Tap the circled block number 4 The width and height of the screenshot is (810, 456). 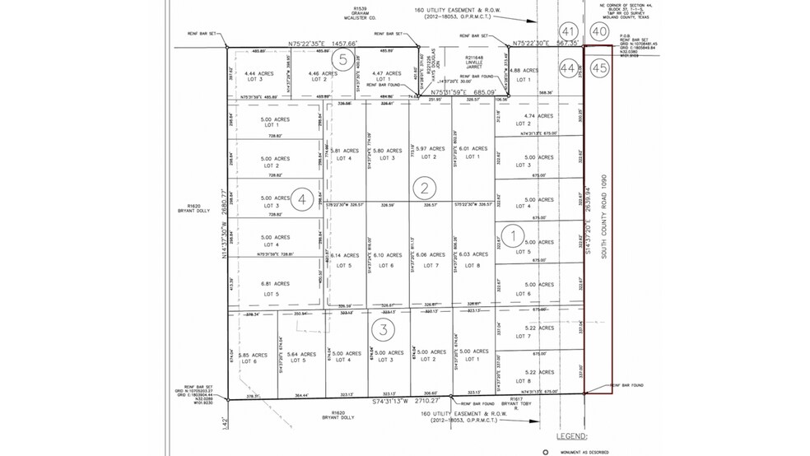point(304,199)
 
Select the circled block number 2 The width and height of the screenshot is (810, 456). point(423,188)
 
